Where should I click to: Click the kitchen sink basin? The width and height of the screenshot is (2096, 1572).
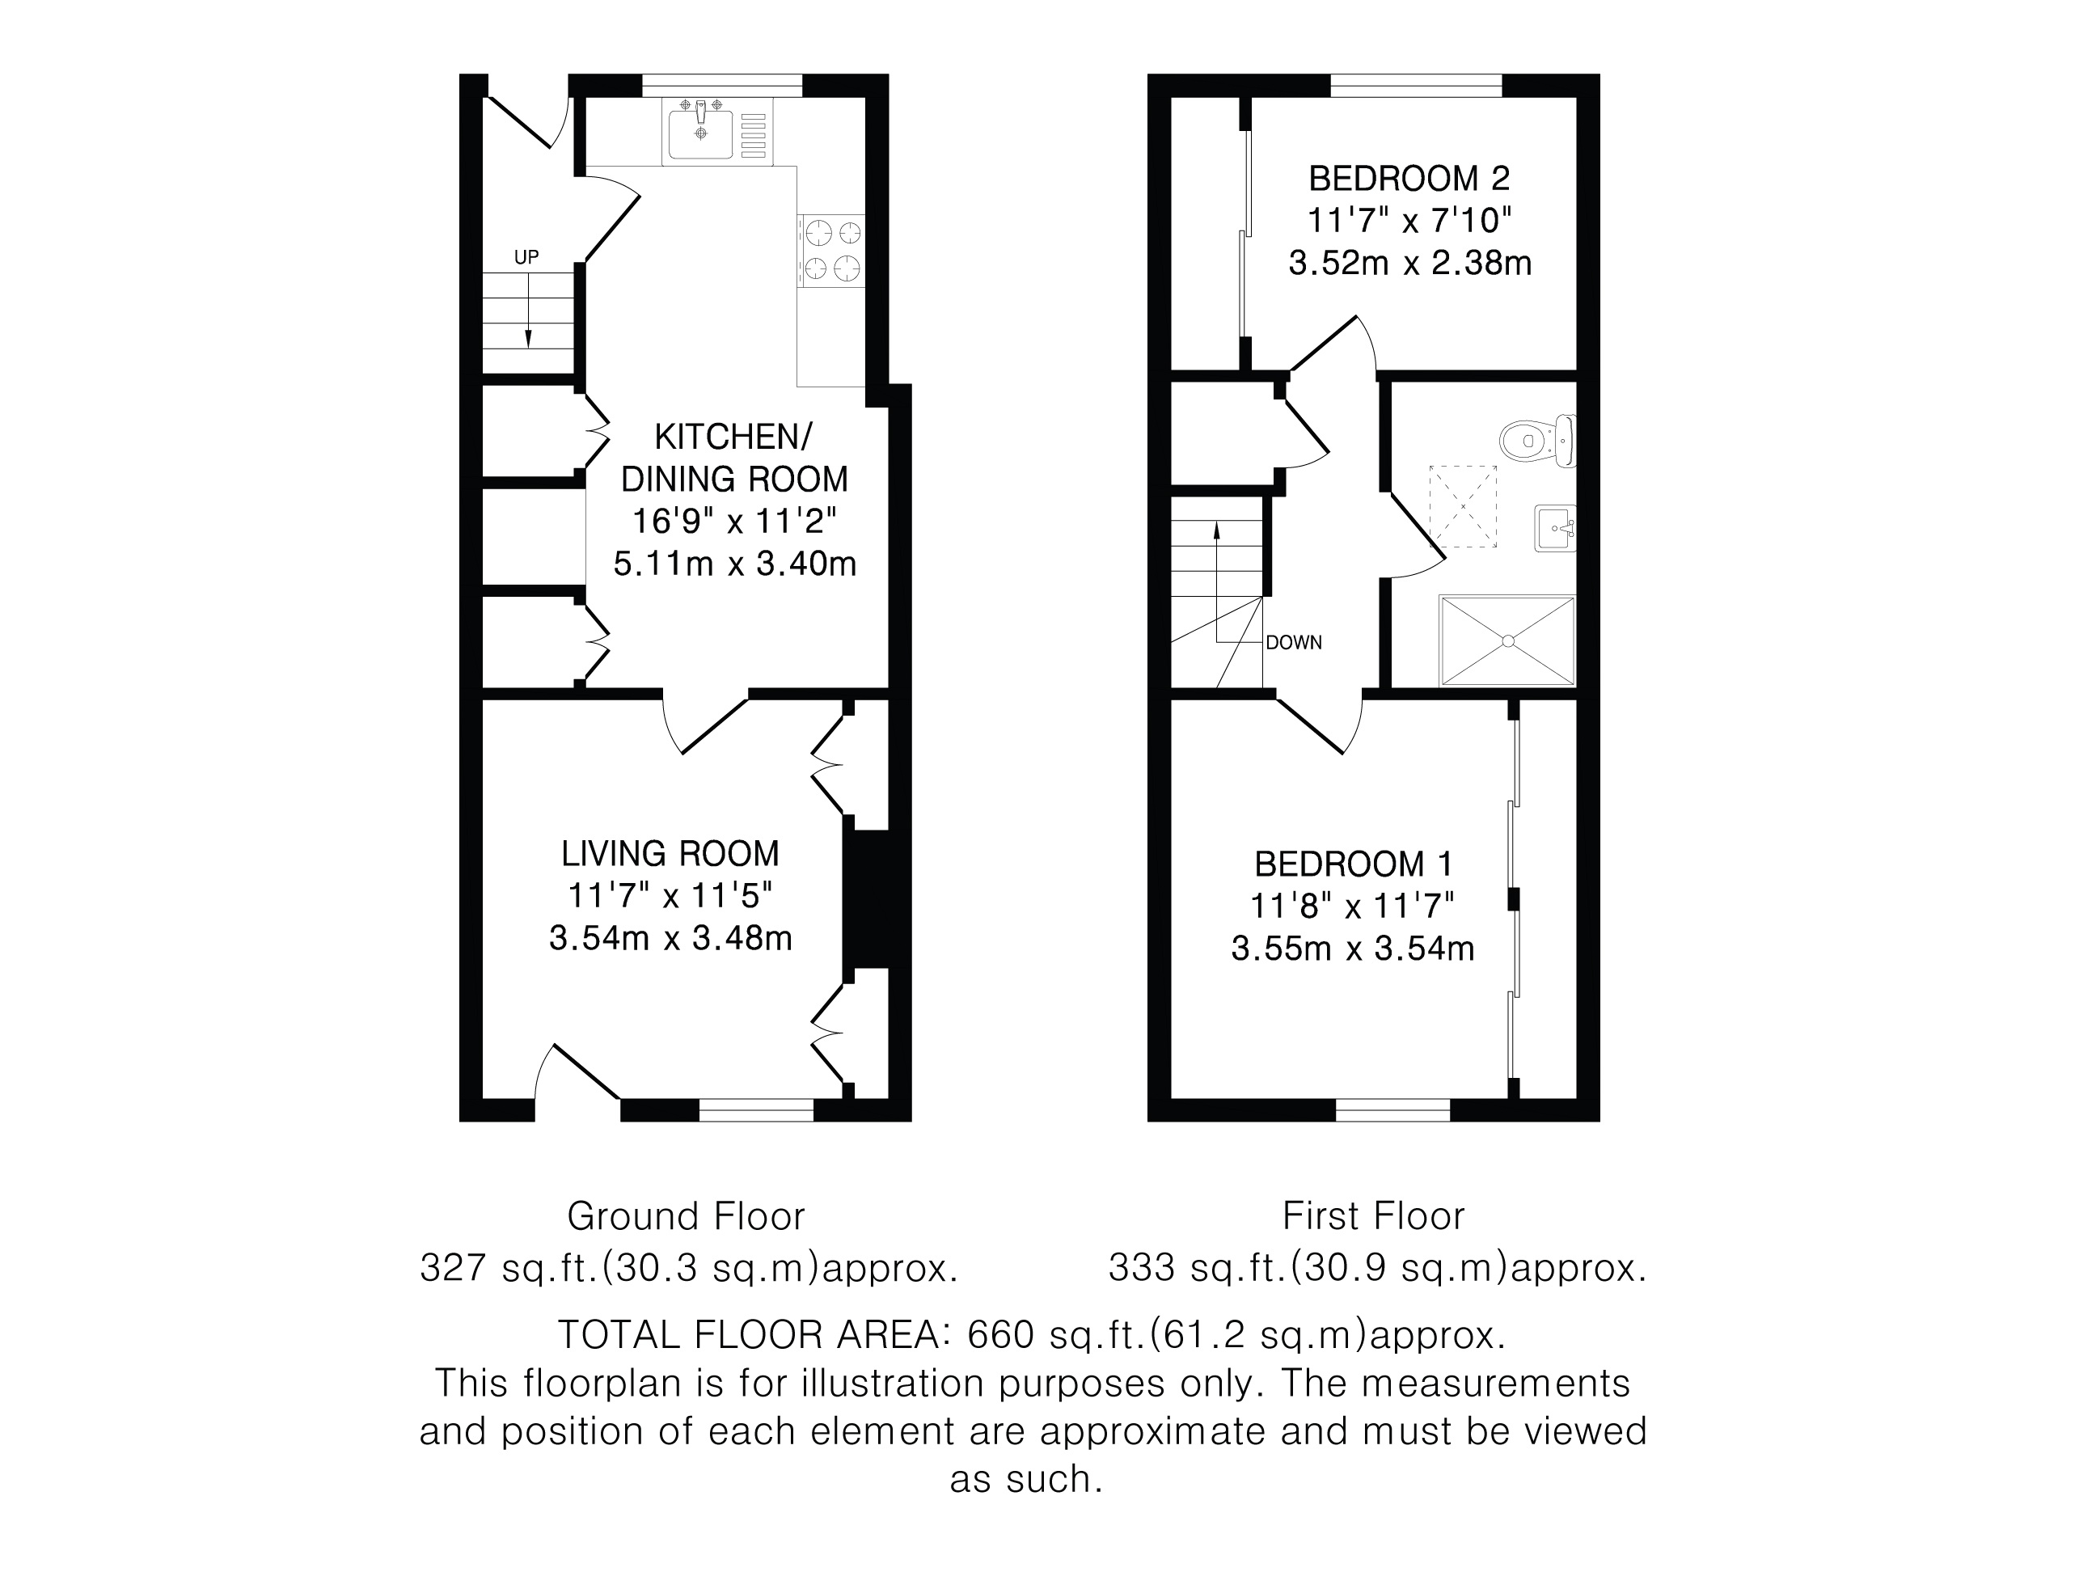(x=700, y=134)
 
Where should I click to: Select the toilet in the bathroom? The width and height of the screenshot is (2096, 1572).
(x=1538, y=441)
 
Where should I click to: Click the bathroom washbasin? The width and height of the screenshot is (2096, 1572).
(x=1555, y=528)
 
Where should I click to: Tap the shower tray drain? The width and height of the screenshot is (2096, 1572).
(x=1507, y=641)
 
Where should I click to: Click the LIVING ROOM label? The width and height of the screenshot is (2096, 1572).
(x=670, y=854)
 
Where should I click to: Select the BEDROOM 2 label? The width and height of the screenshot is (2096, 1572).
(x=1409, y=178)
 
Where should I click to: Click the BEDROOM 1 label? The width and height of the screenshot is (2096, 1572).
(x=1352, y=864)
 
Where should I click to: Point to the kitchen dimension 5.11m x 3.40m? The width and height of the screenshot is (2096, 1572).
(x=734, y=564)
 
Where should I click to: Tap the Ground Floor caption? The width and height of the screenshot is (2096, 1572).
(x=686, y=1215)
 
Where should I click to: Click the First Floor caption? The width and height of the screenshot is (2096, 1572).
(x=1374, y=1215)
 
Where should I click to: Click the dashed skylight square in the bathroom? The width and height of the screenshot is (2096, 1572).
(x=1463, y=507)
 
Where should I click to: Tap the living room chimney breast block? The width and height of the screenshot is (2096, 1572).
(x=876, y=899)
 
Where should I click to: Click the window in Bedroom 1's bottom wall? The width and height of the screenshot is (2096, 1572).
(x=1393, y=1110)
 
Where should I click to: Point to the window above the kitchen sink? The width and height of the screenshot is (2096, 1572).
(x=722, y=85)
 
